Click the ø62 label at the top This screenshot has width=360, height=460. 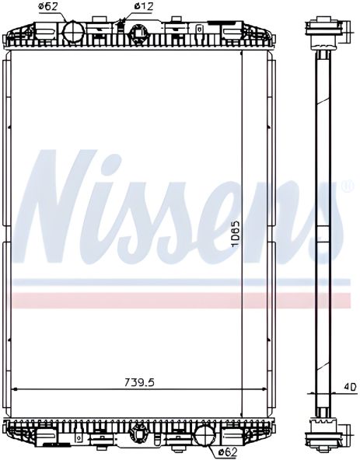pos(49,7)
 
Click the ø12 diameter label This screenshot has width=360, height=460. pos(142,7)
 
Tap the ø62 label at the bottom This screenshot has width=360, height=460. pos(227,451)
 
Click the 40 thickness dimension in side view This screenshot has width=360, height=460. pos(350,385)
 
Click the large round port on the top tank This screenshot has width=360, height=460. pos(72,31)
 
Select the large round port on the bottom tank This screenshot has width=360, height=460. pos(204,434)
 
